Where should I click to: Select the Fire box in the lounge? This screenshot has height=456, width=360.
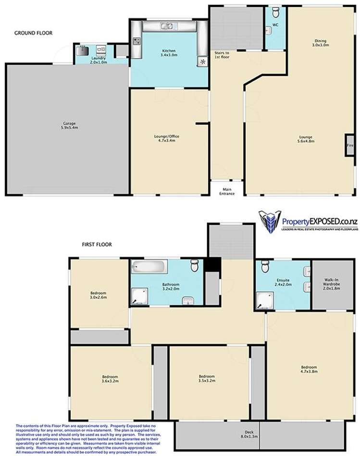[x=348, y=145]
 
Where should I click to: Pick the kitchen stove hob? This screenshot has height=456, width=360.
[x=137, y=42]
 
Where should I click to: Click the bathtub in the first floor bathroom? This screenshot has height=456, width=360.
[x=149, y=266]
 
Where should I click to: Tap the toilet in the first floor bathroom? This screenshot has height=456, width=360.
[x=195, y=266]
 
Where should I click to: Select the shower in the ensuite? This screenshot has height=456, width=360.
[x=264, y=301]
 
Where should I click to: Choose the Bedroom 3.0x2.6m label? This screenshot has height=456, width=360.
[x=98, y=295]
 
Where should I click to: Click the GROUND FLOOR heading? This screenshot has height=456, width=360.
[x=33, y=33]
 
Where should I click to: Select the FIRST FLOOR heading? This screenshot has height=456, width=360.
[x=96, y=244]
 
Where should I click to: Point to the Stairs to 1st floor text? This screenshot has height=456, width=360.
[x=222, y=54]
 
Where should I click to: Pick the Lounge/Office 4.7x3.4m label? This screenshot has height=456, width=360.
[x=164, y=139]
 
